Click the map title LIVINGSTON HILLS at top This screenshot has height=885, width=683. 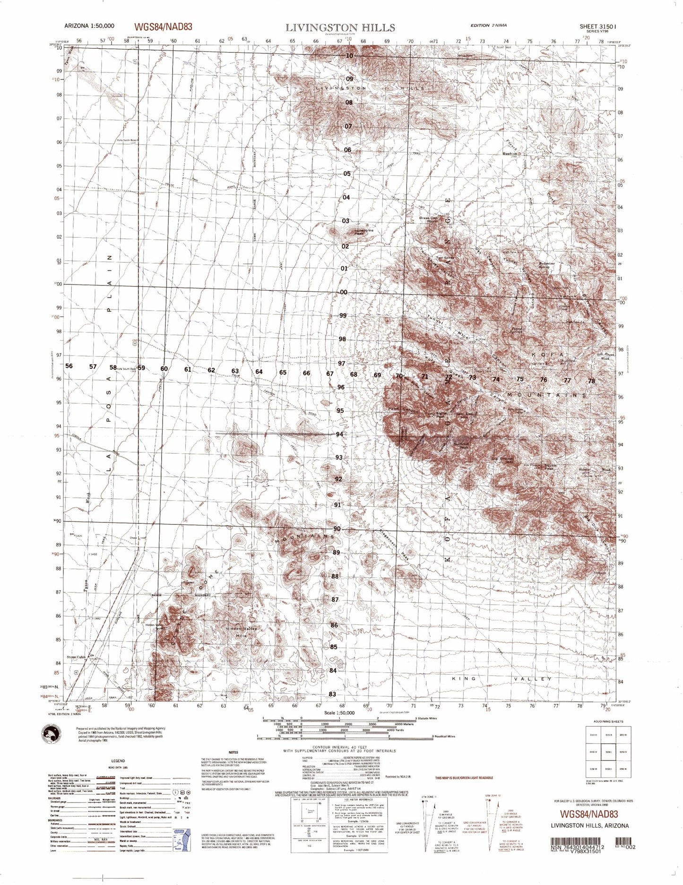coord(340,27)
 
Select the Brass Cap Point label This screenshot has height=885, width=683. coord(428,219)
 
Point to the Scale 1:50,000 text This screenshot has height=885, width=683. coord(336,713)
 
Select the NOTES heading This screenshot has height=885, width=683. coord(233,752)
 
